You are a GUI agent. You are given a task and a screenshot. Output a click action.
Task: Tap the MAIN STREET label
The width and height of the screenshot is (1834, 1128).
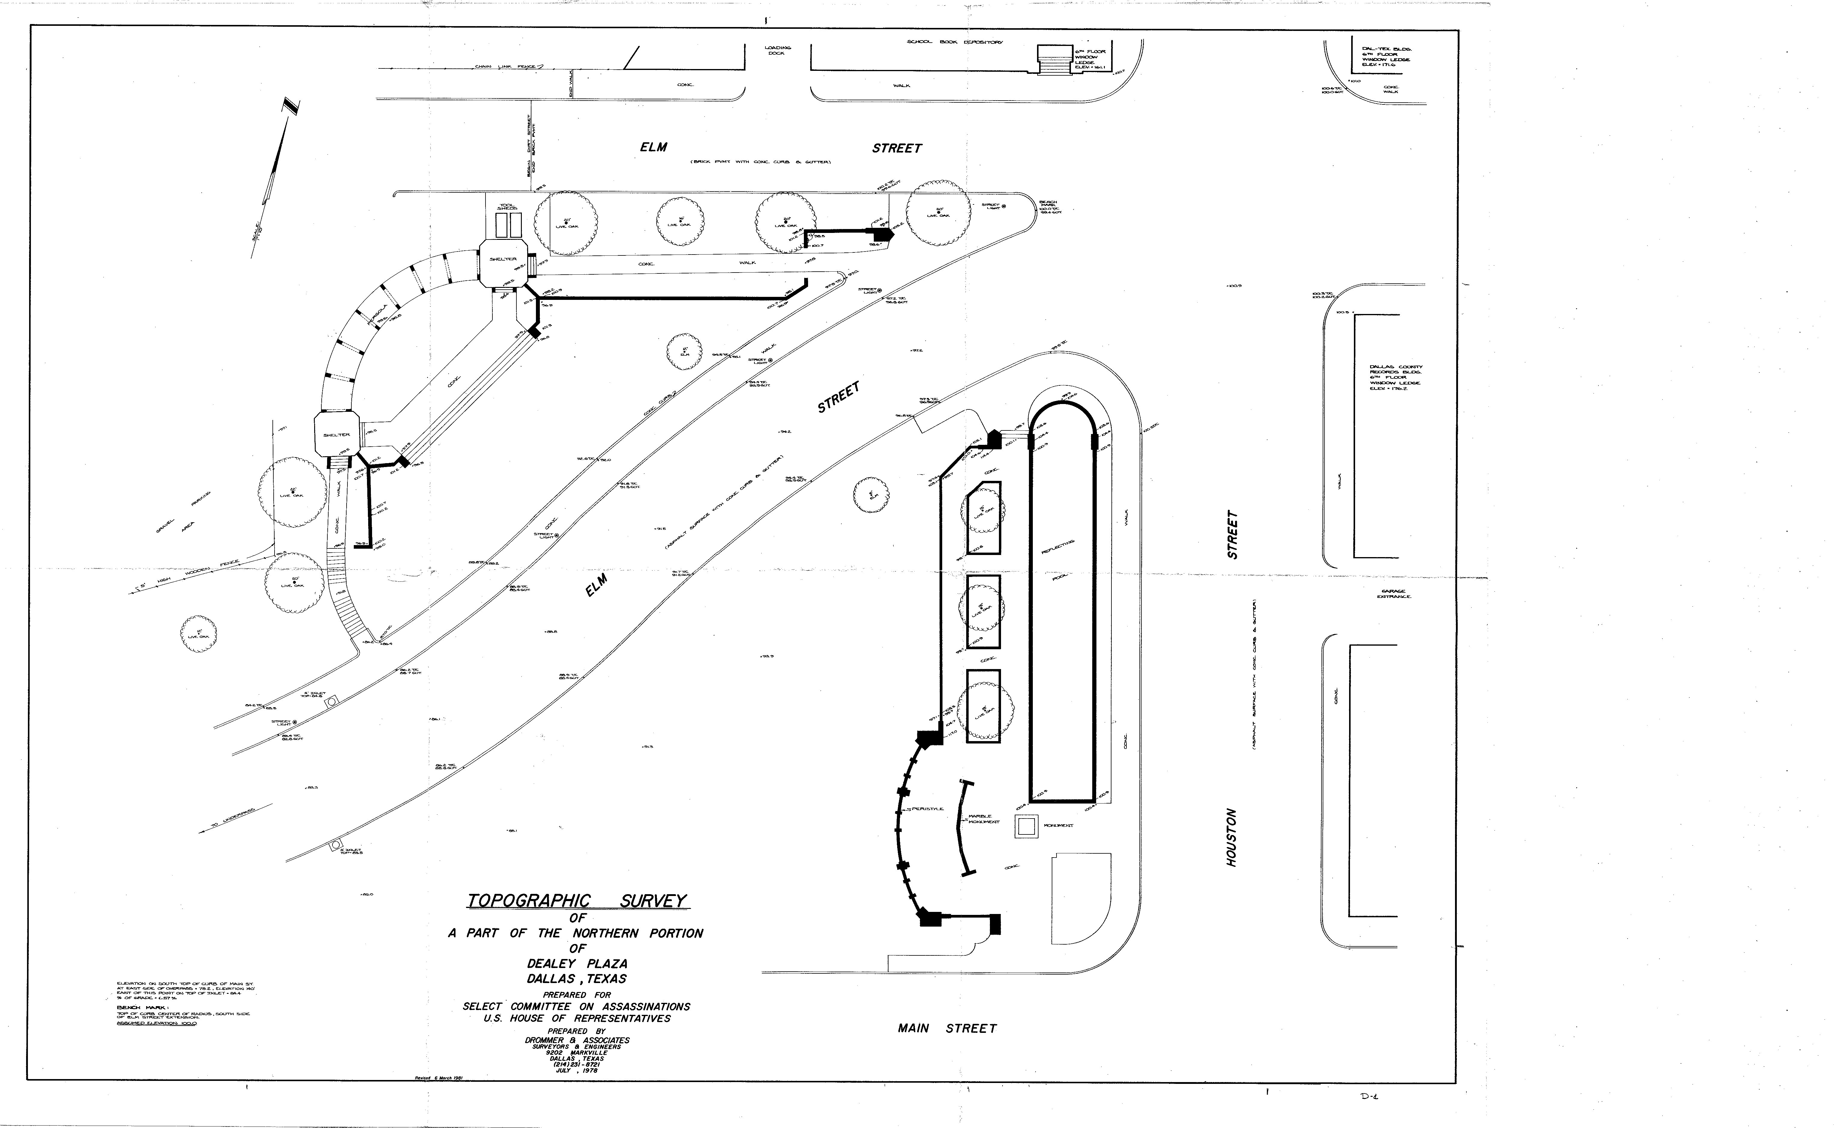pos(947,1028)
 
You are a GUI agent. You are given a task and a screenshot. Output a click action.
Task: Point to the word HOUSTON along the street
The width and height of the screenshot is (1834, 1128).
pos(1231,837)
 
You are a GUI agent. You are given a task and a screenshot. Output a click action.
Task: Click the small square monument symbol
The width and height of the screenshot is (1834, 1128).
pos(1026,826)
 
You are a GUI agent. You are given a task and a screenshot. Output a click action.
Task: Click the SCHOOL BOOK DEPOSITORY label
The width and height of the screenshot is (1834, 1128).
pos(955,42)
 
